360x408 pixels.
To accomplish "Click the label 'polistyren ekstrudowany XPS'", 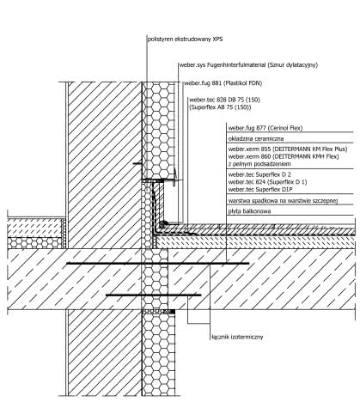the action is click(x=185, y=40).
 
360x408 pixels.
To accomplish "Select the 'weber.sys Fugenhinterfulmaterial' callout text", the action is click(x=223, y=65).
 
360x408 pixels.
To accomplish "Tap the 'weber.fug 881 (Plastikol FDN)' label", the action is click(x=223, y=83).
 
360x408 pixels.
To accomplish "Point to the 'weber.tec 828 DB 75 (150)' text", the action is click(x=224, y=100).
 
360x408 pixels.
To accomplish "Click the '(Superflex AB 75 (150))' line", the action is click(x=220, y=107).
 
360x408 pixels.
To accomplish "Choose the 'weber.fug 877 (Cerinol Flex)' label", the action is click(x=265, y=128).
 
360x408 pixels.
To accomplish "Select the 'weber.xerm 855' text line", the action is click(x=288, y=149).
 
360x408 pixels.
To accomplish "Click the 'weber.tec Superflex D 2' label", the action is click(x=259, y=174).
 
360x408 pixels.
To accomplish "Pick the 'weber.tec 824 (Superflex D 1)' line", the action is click(x=267, y=182).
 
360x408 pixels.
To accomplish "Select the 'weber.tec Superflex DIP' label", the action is click(x=260, y=189).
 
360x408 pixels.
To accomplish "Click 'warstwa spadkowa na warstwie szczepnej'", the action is click(x=283, y=201).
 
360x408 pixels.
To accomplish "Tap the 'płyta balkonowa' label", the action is click(x=249, y=211).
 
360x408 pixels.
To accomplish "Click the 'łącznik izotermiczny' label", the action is click(x=237, y=337).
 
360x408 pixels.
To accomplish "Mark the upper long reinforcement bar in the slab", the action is click(x=158, y=263).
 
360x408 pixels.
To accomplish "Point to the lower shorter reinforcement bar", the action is click(x=154, y=295).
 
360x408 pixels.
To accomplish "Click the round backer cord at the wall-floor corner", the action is click(x=162, y=223).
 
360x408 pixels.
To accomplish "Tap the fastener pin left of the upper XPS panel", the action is click(x=137, y=164).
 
